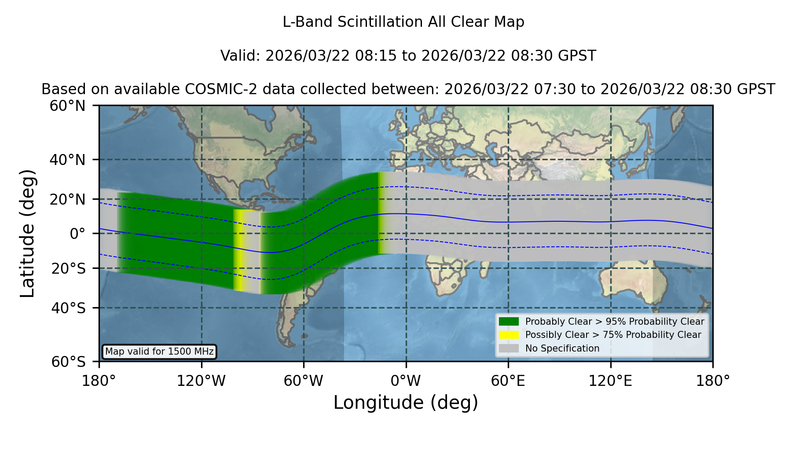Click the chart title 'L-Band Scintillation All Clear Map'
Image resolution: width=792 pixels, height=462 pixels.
[x=403, y=22]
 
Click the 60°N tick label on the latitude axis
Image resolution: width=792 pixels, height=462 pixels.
[x=67, y=106]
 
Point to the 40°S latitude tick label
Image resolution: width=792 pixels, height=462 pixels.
[x=69, y=308]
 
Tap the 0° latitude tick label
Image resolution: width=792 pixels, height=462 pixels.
[x=77, y=234]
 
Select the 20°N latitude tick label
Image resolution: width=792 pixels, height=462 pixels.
[x=67, y=199]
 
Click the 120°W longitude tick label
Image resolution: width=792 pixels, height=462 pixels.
[x=201, y=381]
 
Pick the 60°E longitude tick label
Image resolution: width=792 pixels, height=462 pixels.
[x=508, y=381]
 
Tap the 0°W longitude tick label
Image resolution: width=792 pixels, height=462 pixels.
[x=406, y=381]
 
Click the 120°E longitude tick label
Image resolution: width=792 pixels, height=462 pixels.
[x=611, y=381]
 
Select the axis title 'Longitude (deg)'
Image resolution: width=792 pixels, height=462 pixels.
[x=406, y=403]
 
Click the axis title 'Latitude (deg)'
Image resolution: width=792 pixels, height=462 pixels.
[x=27, y=233]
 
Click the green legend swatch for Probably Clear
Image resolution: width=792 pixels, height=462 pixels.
[x=509, y=322]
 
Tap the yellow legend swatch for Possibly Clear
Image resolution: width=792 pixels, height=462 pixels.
[x=509, y=335]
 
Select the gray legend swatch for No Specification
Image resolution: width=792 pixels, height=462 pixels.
[x=509, y=348]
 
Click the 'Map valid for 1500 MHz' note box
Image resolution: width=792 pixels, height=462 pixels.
[x=160, y=352]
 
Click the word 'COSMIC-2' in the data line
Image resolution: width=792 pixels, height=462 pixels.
[x=214, y=89]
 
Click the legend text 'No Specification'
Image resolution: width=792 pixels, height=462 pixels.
[x=562, y=348]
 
